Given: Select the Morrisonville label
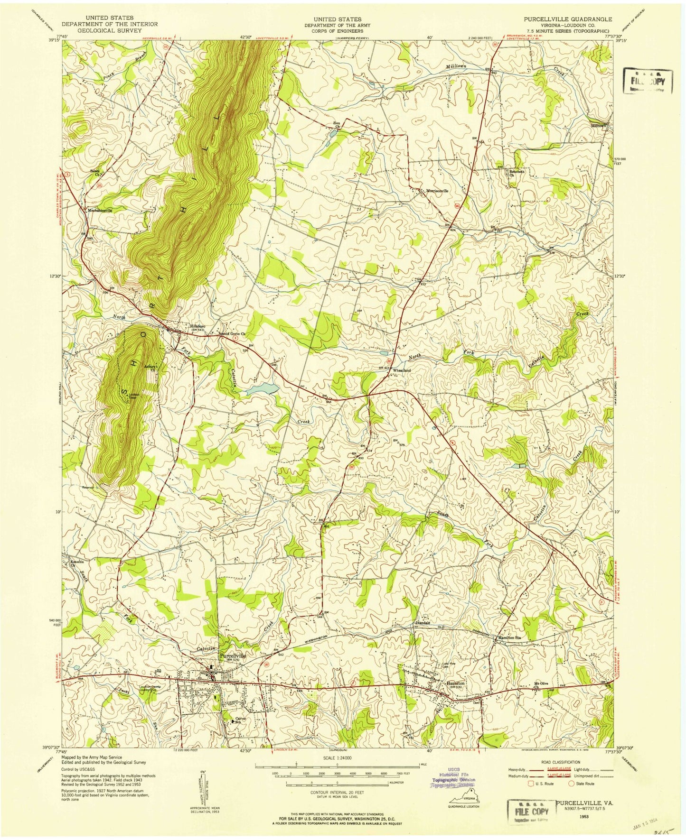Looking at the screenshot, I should point(436,191).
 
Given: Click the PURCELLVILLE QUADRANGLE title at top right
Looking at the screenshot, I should point(568,19).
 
